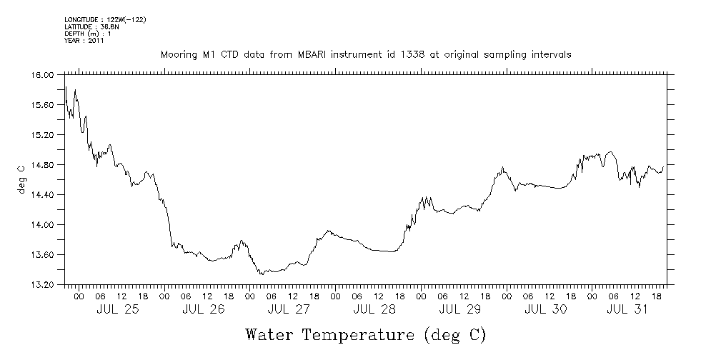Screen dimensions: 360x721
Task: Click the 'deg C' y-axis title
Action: click(x=21, y=179)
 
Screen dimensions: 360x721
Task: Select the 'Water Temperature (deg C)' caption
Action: click(x=365, y=334)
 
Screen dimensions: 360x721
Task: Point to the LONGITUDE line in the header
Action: click(x=105, y=19)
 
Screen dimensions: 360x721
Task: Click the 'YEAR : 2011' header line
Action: click(x=84, y=41)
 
